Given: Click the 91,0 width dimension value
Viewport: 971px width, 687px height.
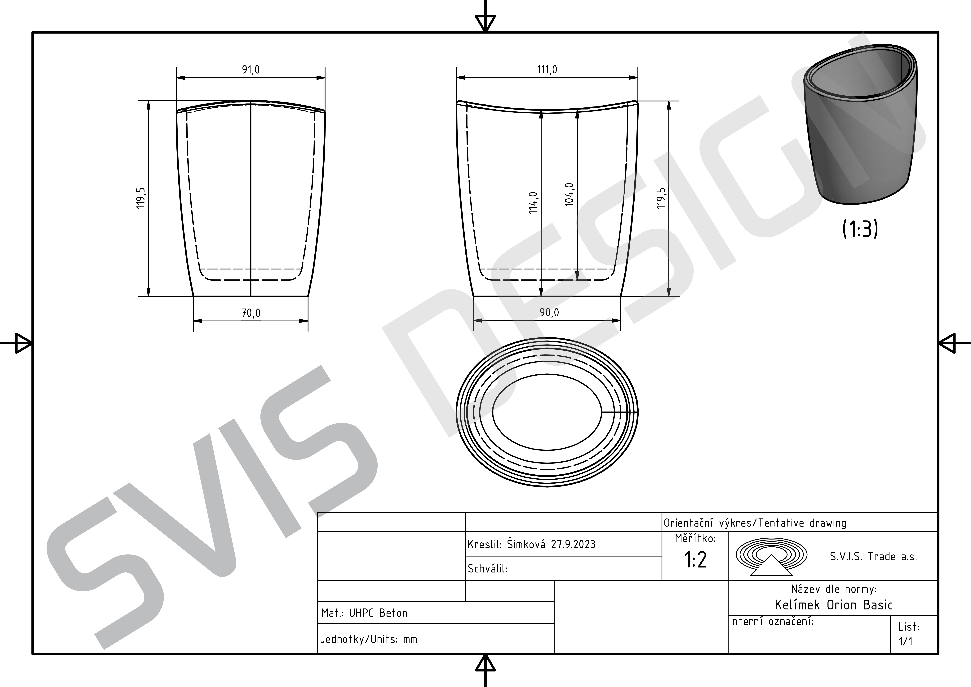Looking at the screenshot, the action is pyautogui.click(x=251, y=69).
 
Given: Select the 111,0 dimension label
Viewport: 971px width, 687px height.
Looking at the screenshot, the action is pyautogui.click(x=547, y=69).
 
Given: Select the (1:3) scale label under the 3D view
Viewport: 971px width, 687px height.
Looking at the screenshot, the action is pyautogui.click(x=860, y=229).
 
